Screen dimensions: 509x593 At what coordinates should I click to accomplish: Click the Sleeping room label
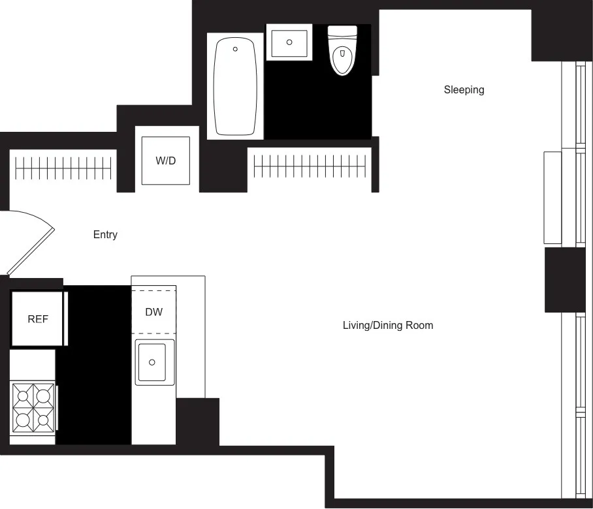pos(464,90)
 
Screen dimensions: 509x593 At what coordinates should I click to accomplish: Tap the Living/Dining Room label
pos(388,325)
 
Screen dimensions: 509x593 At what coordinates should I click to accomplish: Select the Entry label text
pos(105,235)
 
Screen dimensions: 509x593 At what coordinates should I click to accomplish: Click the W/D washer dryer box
pos(166,161)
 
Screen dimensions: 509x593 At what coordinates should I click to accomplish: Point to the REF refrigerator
pos(37,319)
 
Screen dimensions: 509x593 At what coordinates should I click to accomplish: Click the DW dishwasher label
pos(153,312)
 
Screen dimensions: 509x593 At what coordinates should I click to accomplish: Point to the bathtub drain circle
pos(235,49)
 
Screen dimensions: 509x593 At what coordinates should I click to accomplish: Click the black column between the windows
pos(564,279)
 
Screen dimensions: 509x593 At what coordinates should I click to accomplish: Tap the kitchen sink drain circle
pos(152,362)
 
